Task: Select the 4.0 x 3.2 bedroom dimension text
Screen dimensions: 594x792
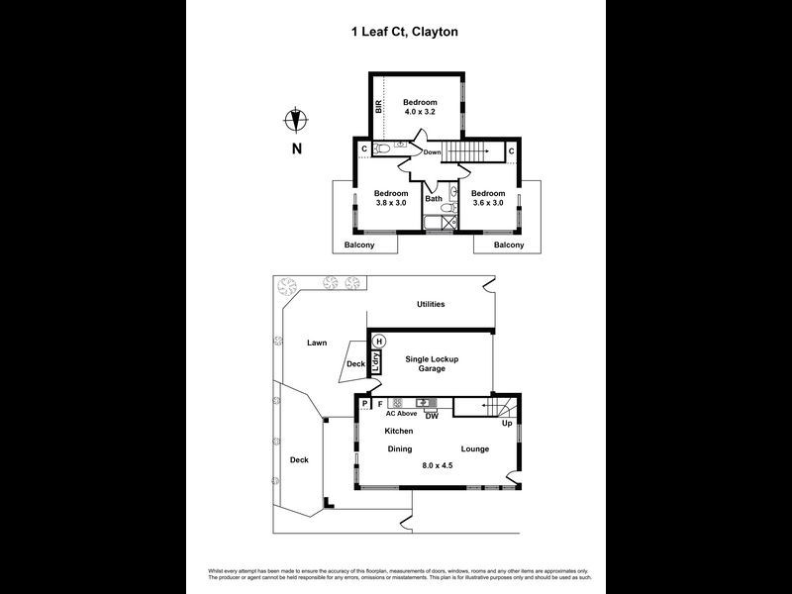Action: click(418, 112)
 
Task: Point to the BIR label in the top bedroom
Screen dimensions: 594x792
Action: click(378, 105)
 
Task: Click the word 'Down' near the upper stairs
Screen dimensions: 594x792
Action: click(433, 152)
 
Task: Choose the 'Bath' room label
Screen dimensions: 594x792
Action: click(434, 198)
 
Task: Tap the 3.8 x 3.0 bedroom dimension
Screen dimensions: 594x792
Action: click(390, 203)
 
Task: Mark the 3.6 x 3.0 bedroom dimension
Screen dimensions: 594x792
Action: click(487, 203)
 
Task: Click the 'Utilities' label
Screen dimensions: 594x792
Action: click(431, 304)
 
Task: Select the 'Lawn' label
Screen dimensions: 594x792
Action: click(316, 343)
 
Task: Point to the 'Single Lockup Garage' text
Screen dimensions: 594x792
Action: click(431, 363)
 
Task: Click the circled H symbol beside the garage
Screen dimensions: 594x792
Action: click(378, 342)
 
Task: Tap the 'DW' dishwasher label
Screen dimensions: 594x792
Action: click(432, 416)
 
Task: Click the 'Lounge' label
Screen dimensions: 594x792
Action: click(474, 448)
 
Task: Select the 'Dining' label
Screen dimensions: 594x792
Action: click(399, 448)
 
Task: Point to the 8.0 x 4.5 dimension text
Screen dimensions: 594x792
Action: click(437, 464)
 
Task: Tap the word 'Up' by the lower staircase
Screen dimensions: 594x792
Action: click(506, 424)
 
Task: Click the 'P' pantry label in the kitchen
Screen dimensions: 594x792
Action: click(364, 404)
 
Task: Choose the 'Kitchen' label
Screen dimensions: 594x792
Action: click(399, 432)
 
